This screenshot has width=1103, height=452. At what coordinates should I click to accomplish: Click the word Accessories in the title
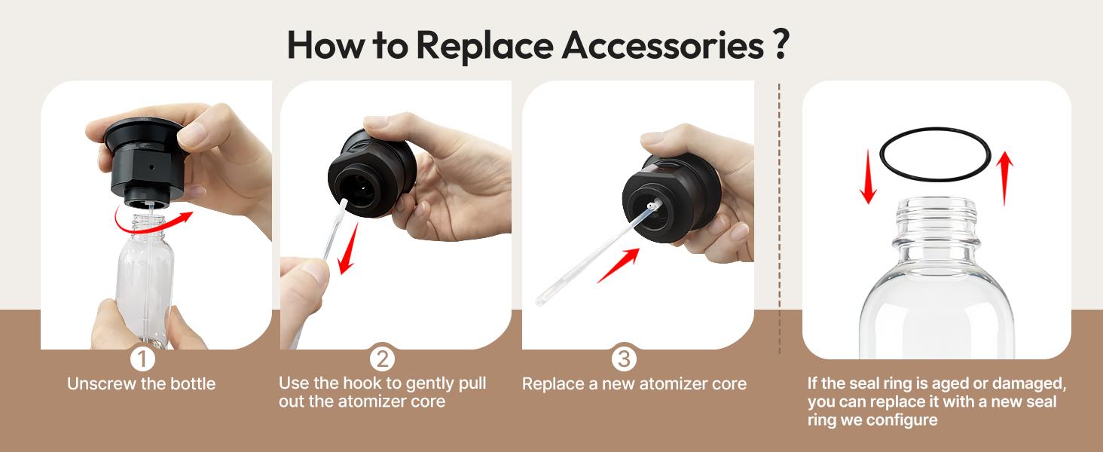coord(663,45)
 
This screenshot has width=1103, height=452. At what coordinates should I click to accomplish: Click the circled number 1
coord(142,359)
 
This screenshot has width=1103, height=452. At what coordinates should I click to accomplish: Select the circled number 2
coord(382,359)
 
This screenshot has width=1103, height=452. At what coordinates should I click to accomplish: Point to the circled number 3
coord(624,359)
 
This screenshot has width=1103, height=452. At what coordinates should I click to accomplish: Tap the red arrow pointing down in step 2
coord(348,249)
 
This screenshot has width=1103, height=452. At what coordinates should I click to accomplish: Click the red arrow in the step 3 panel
coord(619,265)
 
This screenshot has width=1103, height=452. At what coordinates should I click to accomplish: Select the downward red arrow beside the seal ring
coord(868,177)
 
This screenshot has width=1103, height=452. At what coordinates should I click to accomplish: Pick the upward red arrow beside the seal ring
coord(1004,179)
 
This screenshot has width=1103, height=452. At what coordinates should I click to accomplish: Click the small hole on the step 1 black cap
coord(151,167)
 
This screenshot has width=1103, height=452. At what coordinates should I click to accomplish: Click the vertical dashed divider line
coord(780,218)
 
